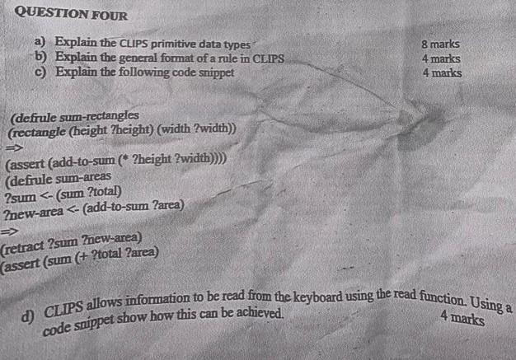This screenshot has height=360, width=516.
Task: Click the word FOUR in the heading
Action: point(109,16)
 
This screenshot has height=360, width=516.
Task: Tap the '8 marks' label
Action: point(440,44)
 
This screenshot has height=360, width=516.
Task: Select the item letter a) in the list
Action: point(40,41)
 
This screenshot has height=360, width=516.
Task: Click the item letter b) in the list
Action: point(41,57)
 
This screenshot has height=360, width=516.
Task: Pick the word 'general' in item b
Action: point(138,58)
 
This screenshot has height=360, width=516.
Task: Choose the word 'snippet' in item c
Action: point(216,72)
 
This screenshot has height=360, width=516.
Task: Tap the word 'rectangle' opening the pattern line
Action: point(36,132)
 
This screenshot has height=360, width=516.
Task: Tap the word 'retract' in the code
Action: point(23,247)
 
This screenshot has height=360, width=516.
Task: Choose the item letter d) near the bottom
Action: point(28,317)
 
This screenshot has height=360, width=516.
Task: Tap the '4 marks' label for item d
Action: point(462,318)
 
